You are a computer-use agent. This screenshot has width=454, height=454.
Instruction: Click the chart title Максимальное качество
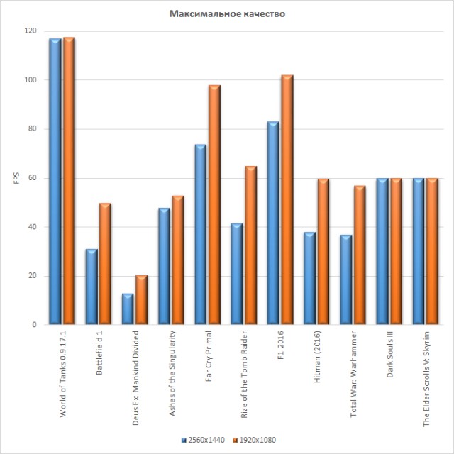coord(227,13)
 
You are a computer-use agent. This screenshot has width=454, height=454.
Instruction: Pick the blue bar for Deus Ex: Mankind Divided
coord(128,309)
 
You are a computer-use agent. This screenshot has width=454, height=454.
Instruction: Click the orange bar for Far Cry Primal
coord(214,205)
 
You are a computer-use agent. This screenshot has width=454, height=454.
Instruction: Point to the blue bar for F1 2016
coord(273,223)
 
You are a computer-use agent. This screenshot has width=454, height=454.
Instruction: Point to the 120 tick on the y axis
coord(29,31)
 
